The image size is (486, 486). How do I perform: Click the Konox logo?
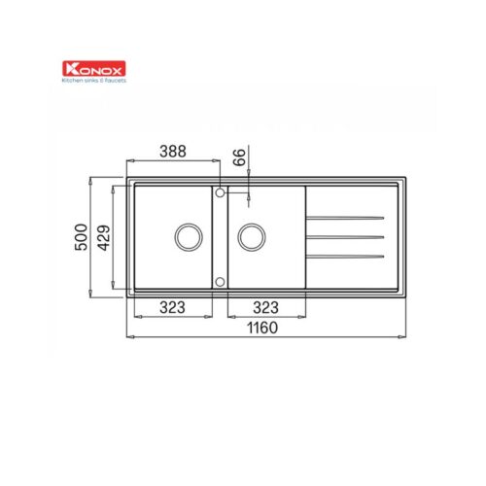click(x=94, y=69)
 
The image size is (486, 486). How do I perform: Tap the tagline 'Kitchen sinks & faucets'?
click(x=94, y=81)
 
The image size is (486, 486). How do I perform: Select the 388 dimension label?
click(x=173, y=152)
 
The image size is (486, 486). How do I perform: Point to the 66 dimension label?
click(x=240, y=157)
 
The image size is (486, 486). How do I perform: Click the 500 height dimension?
click(x=81, y=237)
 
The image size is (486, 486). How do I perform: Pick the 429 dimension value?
click(x=104, y=238)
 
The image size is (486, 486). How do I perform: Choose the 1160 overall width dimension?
click(x=262, y=328)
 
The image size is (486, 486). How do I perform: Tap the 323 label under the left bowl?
click(x=172, y=307)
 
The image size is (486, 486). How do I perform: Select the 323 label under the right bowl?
click(x=265, y=307)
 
